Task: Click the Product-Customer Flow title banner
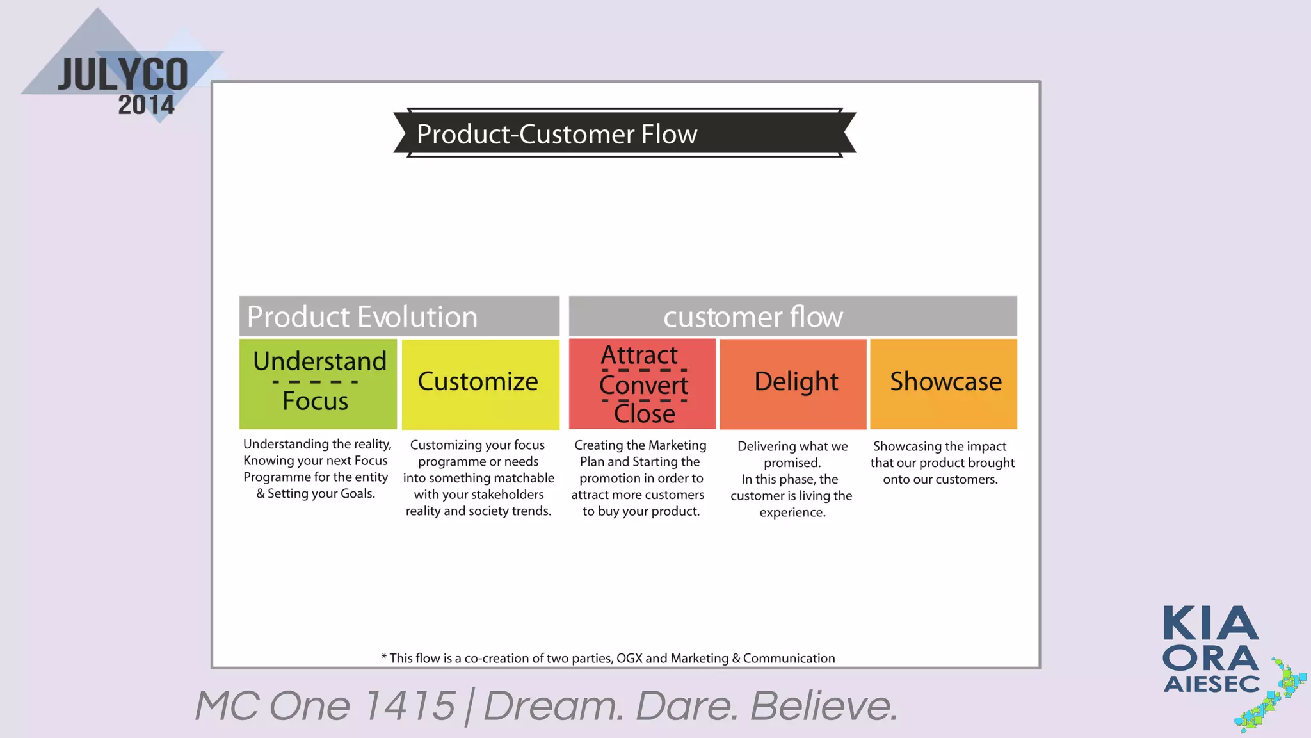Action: (x=624, y=133)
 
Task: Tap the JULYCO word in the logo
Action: (x=123, y=75)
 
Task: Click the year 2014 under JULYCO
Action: (x=146, y=105)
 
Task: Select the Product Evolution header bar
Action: (x=399, y=316)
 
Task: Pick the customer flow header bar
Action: (x=792, y=316)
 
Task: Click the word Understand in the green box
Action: (x=319, y=361)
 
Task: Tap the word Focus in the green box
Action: (x=315, y=401)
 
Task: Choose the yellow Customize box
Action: (x=480, y=383)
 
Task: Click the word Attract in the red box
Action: (x=639, y=355)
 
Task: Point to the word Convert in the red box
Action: (x=643, y=385)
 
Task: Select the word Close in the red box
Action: (x=644, y=413)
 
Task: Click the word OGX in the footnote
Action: (x=629, y=658)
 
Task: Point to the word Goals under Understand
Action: (x=357, y=494)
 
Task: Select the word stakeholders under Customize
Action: (x=507, y=495)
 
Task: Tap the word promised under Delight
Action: (x=791, y=463)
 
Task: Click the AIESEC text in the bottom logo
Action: (x=1211, y=684)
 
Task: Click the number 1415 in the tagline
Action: (x=409, y=706)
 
